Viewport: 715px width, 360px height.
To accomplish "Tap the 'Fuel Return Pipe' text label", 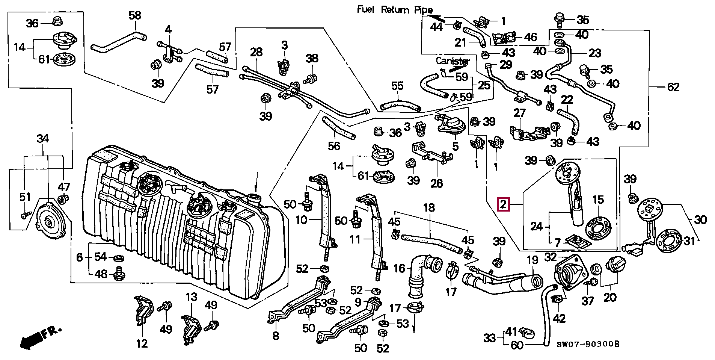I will pyautogui.click(x=395, y=10).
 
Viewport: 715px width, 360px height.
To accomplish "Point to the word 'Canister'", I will pyautogui.click(x=453, y=61).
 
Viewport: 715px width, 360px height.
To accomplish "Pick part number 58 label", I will pyautogui.click(x=135, y=16).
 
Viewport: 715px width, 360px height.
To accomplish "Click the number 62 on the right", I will pyautogui.click(x=673, y=87).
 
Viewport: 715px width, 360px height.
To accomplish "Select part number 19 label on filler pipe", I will pyautogui.click(x=532, y=260).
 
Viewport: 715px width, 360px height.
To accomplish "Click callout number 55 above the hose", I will pyautogui.click(x=397, y=86).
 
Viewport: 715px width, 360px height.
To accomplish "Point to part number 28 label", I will pyautogui.click(x=256, y=52).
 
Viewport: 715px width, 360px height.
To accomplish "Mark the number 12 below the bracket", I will pyautogui.click(x=142, y=343).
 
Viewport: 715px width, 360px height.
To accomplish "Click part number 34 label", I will pyautogui.click(x=43, y=139).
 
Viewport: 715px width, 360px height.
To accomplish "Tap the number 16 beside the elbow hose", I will pyautogui.click(x=399, y=268).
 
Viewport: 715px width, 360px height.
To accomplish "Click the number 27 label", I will pyautogui.click(x=519, y=113).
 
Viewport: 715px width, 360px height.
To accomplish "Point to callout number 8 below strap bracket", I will pyautogui.click(x=276, y=336).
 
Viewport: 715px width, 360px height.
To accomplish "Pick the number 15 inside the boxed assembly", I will pyautogui.click(x=598, y=199).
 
